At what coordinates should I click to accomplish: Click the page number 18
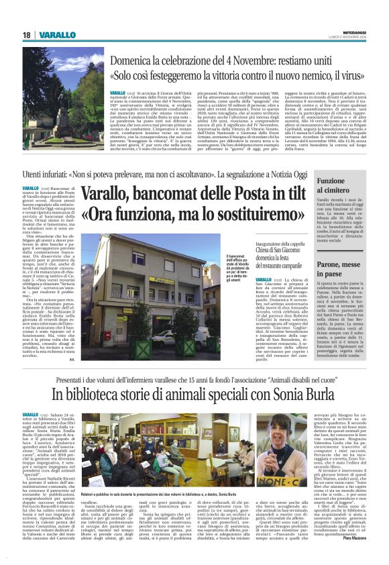(x=27, y=35)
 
